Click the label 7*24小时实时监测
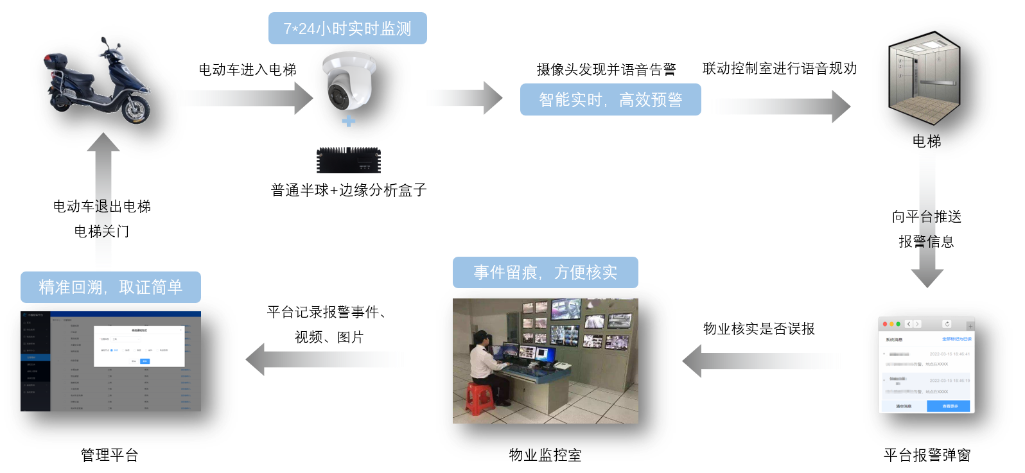tap(347, 29)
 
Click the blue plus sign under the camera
tap(348, 121)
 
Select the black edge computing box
tap(348, 160)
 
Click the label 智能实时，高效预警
tap(610, 99)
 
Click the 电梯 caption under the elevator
tap(927, 141)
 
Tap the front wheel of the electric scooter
tap(137, 109)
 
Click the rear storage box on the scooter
tap(55, 62)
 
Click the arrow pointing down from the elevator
tap(927, 218)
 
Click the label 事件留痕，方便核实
tap(545, 273)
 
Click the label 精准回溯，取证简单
tap(110, 287)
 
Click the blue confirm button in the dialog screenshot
tap(145, 361)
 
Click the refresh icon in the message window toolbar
tap(947, 324)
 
